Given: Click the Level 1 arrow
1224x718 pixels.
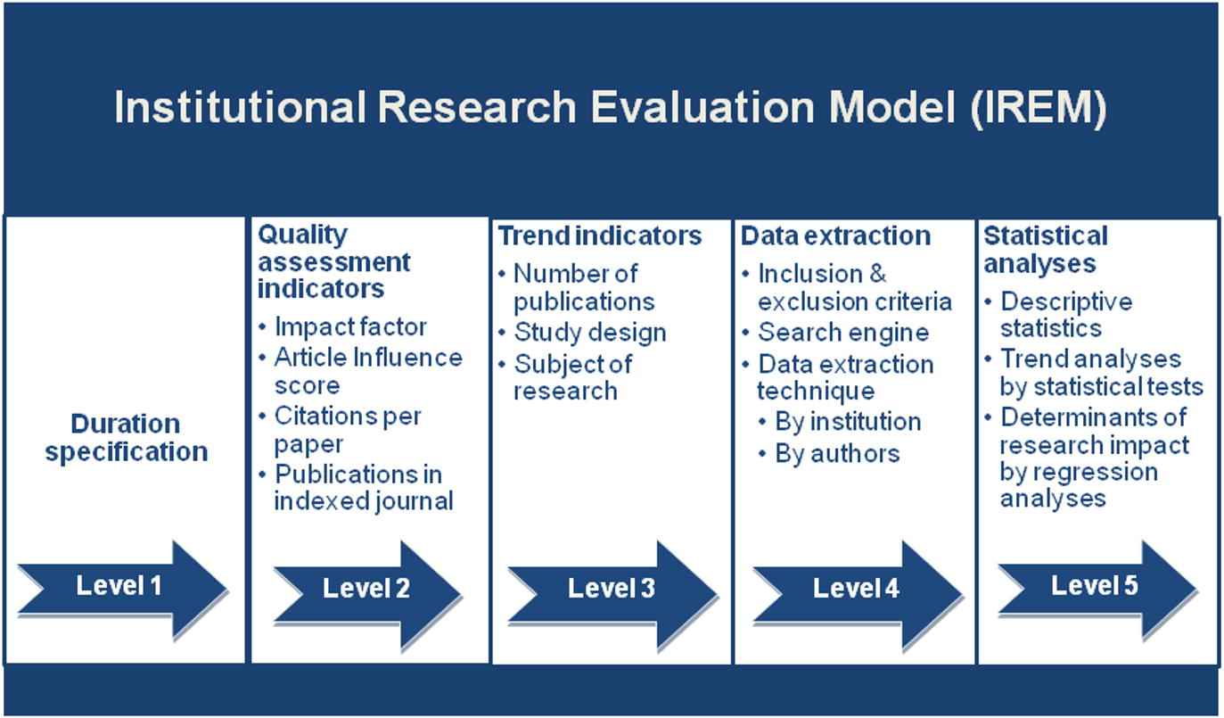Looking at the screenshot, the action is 122,589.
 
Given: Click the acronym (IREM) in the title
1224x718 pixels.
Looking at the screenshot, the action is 1039,107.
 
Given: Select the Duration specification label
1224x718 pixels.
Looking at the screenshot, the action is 127,437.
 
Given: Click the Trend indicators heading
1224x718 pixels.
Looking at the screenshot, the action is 599,236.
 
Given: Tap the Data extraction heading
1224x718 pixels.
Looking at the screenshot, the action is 835,236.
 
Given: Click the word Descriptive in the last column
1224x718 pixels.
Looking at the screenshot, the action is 1066,302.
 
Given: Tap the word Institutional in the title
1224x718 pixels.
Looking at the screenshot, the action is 239,107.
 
